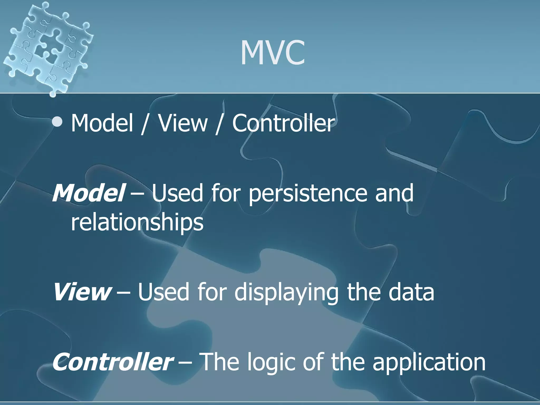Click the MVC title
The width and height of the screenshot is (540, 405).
pos(273,53)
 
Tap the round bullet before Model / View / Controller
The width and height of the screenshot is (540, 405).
pos(57,122)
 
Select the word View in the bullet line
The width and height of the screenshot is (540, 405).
pos(183,123)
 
